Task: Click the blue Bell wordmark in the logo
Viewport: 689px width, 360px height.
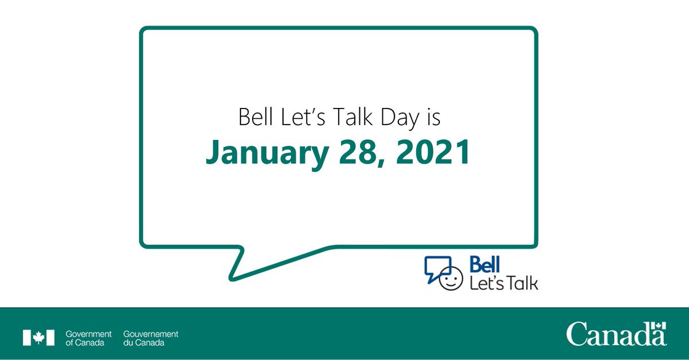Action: [485, 264]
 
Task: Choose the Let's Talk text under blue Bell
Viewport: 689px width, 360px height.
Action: [504, 282]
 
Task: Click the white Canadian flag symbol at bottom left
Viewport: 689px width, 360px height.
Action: [38, 338]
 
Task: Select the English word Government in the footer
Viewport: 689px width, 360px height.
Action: [88, 334]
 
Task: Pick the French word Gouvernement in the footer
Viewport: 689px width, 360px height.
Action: [150, 334]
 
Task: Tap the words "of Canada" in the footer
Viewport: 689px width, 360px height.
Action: [84, 343]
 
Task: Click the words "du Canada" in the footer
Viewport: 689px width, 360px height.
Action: [144, 343]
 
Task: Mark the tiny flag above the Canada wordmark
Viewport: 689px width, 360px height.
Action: [660, 326]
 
